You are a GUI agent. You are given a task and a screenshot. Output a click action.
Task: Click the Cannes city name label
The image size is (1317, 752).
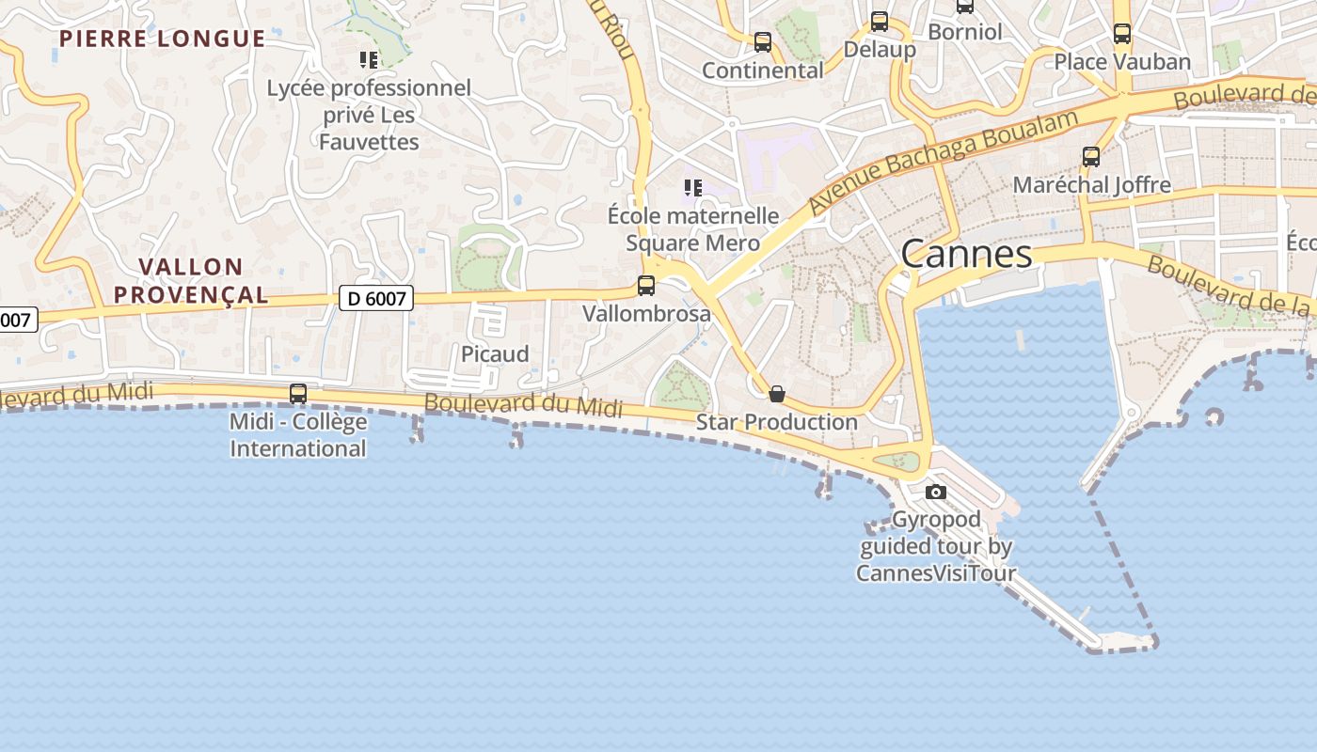966,254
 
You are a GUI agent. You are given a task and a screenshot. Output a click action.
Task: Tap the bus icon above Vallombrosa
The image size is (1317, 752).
646,286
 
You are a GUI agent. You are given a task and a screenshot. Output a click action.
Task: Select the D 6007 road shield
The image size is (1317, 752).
376,299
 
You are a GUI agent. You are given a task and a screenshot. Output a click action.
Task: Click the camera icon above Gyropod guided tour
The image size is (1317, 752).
936,492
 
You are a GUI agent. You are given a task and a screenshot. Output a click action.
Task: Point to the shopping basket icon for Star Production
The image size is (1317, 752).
777,394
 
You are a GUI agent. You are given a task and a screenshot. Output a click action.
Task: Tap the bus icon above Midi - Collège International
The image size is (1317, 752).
298,394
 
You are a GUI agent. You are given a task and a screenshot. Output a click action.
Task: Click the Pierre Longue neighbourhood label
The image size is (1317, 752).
162,39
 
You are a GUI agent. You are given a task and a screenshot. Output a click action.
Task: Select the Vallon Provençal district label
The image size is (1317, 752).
191,281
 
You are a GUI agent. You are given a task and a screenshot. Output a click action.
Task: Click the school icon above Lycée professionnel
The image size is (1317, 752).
369,60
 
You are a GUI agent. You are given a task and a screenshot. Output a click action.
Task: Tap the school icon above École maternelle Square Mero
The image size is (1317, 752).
693,188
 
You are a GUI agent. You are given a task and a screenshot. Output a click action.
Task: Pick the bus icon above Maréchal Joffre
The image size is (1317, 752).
1091,157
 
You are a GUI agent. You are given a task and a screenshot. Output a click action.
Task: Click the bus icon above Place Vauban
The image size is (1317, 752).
1122,34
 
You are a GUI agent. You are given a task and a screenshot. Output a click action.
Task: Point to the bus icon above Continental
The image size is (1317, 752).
763,42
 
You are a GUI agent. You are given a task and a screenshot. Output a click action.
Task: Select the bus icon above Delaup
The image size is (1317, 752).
880,22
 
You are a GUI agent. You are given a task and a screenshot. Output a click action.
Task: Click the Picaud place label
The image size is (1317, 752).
495,354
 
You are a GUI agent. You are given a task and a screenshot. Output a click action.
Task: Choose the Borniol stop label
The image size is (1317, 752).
964,32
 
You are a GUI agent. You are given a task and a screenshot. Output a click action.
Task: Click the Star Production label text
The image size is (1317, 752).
777,422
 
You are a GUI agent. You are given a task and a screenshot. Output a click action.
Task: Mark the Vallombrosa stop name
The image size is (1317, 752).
646,314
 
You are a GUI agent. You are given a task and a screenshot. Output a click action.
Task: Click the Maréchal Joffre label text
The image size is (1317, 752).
1091,185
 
